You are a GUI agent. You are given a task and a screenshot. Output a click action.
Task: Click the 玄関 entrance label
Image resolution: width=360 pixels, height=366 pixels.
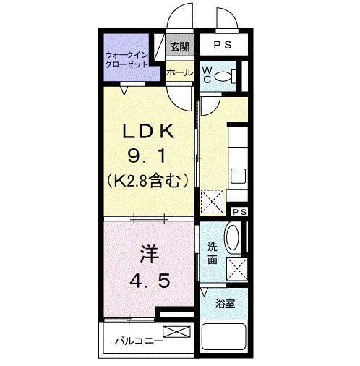click(179, 47)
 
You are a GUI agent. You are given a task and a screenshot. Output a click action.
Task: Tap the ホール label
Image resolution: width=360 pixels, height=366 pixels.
click(179, 72)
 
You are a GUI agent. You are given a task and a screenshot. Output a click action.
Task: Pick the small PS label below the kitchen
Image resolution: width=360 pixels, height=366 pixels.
click(239, 210)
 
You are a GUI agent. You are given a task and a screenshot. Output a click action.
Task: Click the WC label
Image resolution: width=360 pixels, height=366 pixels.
click(207, 75)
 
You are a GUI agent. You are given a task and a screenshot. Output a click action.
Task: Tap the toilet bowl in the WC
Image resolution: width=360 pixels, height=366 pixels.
click(230, 75)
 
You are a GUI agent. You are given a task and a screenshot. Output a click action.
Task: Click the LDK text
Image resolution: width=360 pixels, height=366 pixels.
click(148, 132)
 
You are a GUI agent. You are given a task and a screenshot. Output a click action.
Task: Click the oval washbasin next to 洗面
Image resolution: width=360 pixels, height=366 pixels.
click(233, 238)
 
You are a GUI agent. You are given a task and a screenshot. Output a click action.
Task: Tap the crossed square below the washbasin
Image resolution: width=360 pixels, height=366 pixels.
click(236, 269)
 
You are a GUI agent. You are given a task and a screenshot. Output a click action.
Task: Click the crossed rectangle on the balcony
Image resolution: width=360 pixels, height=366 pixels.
click(178, 332)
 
